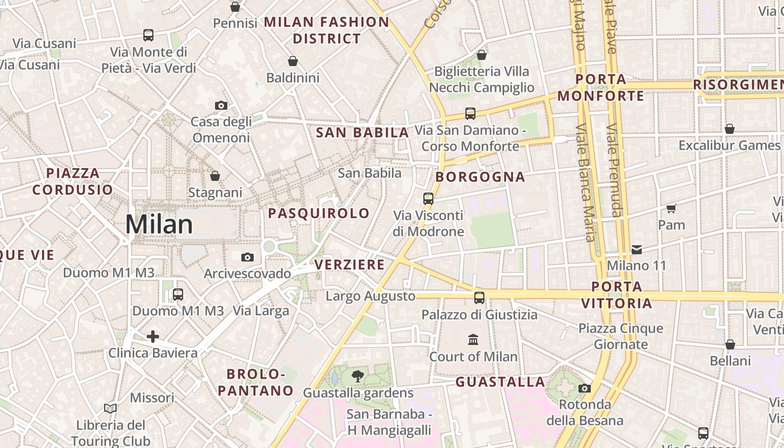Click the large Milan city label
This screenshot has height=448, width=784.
tap(159, 225)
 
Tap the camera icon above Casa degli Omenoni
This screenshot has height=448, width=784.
tap(221, 105)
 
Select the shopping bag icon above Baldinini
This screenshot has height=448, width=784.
tap(292, 61)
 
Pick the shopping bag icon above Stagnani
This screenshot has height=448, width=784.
tap(215, 176)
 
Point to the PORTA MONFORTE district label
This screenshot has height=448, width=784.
tap(600, 87)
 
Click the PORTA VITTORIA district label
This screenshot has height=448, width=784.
tap(617, 295)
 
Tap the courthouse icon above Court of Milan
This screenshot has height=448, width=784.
tap(473, 339)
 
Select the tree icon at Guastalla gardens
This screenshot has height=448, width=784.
tap(357, 376)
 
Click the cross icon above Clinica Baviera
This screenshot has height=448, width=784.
tap(152, 336)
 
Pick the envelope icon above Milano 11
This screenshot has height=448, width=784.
tap(637, 249)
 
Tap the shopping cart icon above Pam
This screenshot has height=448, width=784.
tap(671, 209)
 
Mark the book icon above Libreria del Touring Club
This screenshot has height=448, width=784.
tap(110, 409)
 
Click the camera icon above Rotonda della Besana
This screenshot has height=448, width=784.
tap(585, 388)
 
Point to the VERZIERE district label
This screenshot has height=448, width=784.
tap(349, 264)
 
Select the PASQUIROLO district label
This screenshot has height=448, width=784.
tap(319, 213)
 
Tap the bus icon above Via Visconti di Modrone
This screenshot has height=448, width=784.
tap(428, 199)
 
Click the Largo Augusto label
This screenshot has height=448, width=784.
tap(371, 296)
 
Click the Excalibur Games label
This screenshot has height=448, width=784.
tap(729, 145)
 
